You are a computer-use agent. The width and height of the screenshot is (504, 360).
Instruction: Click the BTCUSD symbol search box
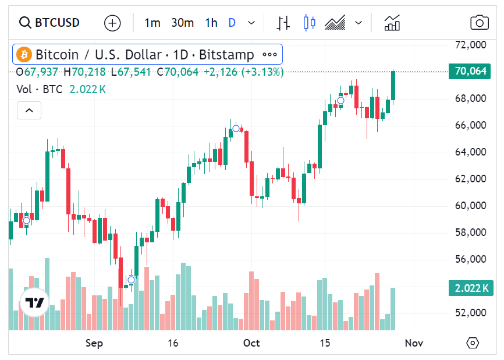[x=49, y=23]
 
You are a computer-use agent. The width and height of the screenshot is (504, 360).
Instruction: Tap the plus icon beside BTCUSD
[x=112, y=23]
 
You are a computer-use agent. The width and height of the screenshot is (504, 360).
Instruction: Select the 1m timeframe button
[x=152, y=23]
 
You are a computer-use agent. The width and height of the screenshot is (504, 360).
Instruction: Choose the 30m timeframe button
[x=182, y=23]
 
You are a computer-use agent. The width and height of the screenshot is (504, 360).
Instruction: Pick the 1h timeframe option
[x=211, y=23]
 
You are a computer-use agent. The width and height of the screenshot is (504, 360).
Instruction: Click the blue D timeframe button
[x=232, y=23]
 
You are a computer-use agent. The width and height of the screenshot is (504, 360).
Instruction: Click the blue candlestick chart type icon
[x=309, y=23]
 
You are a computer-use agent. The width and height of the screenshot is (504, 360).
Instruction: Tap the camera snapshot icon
[x=479, y=23]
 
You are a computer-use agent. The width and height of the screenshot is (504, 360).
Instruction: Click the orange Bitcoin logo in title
[x=24, y=55]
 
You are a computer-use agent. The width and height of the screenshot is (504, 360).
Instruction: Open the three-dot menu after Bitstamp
[x=269, y=55]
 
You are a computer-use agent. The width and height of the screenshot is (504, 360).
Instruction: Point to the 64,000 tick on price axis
[x=470, y=152]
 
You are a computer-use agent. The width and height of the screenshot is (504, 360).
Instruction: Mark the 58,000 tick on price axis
[x=470, y=232]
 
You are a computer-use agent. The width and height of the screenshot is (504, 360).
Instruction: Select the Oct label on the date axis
[x=251, y=343]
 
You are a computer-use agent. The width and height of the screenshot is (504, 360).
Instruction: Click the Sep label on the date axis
[x=94, y=343]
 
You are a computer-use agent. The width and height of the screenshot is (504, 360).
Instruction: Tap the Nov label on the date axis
[x=414, y=343]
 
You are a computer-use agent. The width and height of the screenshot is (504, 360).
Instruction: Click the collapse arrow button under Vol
[x=29, y=110]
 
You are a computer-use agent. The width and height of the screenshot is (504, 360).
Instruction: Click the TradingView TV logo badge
[x=34, y=303]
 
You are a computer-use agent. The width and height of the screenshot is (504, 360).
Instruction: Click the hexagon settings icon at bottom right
[x=473, y=343]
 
